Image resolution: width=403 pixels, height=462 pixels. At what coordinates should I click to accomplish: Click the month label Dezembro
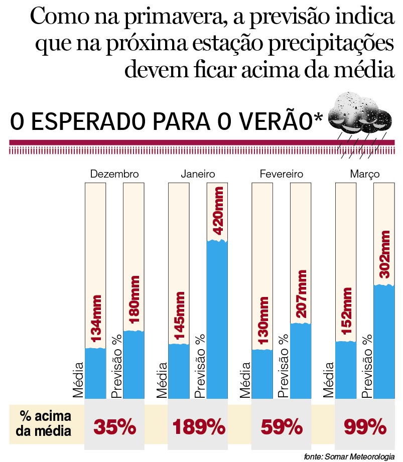(x=114, y=174)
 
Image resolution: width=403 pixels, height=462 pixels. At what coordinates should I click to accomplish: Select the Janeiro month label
(x=198, y=174)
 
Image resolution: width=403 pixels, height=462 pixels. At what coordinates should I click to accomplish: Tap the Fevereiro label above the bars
(x=282, y=174)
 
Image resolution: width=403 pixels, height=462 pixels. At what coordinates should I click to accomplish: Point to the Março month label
(x=364, y=174)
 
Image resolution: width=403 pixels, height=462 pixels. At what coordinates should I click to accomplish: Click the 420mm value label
(x=218, y=210)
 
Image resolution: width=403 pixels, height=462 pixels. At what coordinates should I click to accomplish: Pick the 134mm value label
(x=96, y=320)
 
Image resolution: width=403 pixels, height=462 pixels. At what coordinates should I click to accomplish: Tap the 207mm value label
(x=301, y=294)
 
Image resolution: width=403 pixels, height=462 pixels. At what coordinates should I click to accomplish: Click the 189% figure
(x=199, y=428)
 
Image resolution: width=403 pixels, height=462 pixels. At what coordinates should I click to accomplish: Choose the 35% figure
(x=115, y=428)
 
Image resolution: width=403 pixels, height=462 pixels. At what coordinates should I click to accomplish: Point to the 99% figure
(x=365, y=428)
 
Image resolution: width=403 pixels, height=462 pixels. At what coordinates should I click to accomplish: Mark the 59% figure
(x=282, y=428)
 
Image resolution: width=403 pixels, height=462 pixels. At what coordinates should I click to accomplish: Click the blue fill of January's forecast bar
(x=217, y=321)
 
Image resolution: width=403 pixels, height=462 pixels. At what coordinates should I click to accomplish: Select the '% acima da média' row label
(x=46, y=423)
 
